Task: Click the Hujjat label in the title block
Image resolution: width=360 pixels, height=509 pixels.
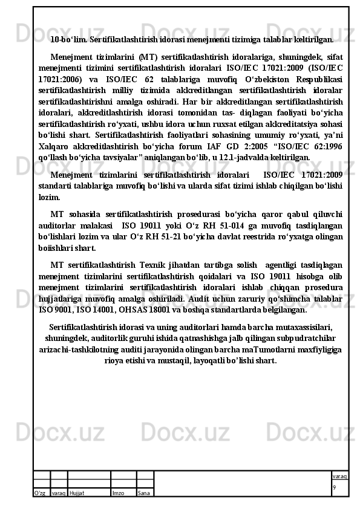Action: tap(77, 493)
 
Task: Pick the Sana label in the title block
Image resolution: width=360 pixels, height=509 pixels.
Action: tap(144, 493)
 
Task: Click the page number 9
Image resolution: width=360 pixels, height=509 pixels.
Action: tap(334, 487)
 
